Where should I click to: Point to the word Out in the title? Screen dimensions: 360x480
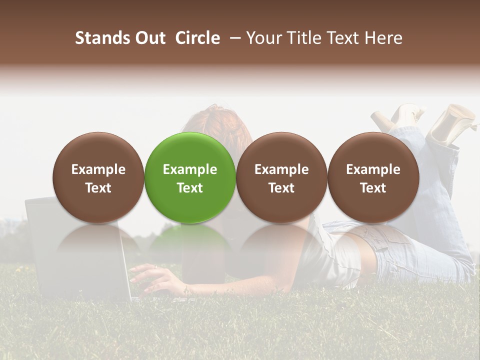point(148,38)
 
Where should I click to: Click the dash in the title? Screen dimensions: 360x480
point(233,38)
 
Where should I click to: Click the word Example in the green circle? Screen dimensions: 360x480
point(190,169)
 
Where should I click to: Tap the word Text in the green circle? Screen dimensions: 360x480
point(190,188)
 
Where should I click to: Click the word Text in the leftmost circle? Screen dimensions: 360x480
point(98,188)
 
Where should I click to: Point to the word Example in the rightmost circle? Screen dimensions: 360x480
point(373,169)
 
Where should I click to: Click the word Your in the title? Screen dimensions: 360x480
point(263,38)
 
